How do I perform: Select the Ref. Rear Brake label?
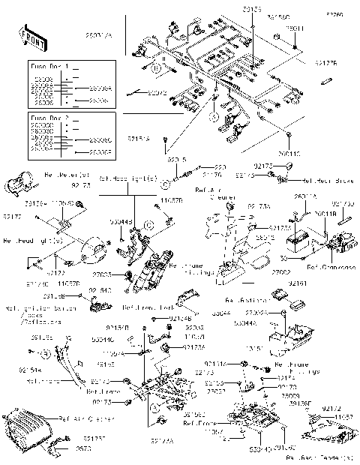click(326, 181)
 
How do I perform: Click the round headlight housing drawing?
click(93, 247)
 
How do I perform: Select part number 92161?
click(318, 284)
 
